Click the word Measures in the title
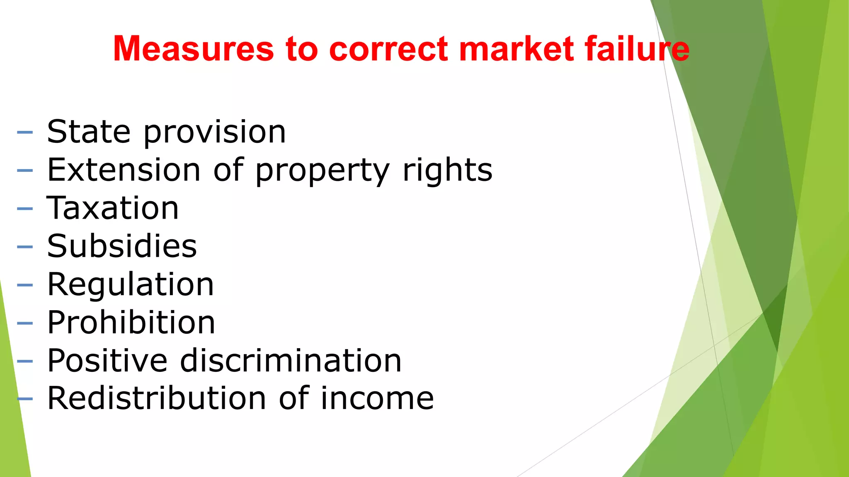point(193,49)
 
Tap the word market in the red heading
point(516,49)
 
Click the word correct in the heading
point(388,49)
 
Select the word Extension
point(124,170)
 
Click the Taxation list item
point(113,208)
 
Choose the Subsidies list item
point(122,246)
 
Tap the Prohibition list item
point(131,323)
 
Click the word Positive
point(107,361)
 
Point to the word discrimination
point(291,361)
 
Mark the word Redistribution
point(156,398)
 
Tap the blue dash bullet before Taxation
point(25,209)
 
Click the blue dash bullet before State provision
point(25,132)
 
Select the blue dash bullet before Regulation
point(25,285)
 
